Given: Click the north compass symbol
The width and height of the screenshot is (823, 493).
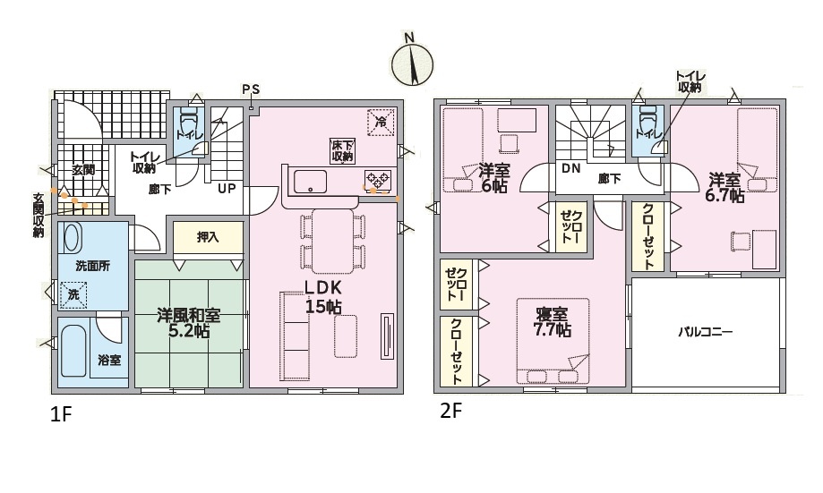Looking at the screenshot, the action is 413,63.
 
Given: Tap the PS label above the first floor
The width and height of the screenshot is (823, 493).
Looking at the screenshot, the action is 251,89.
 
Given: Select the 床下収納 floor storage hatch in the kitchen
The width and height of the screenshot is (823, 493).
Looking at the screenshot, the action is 342,150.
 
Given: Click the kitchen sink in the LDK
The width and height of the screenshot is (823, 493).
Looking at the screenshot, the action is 310,182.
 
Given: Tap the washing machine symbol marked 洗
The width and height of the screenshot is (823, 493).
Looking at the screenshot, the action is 73,294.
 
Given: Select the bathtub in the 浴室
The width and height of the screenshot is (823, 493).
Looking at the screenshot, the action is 73,351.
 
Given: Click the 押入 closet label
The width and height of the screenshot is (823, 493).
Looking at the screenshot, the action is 208,237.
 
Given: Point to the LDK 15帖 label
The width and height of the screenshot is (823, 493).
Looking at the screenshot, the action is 323,297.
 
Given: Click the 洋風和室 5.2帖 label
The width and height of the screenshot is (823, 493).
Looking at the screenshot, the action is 188,323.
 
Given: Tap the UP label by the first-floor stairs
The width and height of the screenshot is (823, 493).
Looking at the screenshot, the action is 227,188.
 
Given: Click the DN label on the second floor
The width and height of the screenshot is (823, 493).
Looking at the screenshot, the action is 570,169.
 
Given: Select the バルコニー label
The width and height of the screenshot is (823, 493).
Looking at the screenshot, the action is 705,331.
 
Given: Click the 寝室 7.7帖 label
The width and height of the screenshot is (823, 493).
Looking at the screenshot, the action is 553,322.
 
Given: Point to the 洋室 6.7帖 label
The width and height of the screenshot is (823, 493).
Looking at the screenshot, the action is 726,188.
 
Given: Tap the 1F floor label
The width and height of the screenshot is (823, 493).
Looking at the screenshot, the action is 60,415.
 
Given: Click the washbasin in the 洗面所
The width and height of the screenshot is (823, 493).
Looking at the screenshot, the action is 72,238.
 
